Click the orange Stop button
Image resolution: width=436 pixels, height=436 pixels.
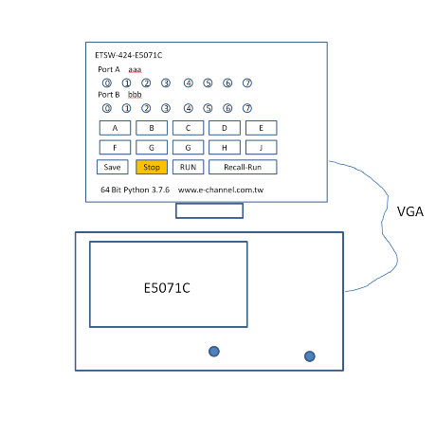152,167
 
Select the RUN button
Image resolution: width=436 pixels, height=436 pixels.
189,167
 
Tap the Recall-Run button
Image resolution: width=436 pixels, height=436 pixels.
243,167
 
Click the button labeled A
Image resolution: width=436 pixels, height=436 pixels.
115,128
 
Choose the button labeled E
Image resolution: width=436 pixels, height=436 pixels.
262,128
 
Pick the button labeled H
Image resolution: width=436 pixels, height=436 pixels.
225,148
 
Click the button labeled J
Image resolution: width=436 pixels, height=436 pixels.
262,148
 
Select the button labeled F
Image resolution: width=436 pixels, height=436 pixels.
115,148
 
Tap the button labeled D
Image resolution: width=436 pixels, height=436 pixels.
225,128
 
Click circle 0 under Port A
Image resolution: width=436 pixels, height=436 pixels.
107,83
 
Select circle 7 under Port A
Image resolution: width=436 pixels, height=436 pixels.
247,83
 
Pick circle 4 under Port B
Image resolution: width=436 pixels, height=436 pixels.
189,108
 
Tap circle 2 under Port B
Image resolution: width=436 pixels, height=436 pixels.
146,108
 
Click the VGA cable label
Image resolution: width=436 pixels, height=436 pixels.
410,211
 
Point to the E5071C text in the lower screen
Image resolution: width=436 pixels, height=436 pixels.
167,288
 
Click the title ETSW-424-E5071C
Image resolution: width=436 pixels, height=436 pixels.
129,55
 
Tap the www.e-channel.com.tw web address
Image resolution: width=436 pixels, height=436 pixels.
221,190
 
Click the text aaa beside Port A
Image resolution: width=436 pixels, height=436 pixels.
135,69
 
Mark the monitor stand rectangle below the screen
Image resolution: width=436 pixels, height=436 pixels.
209,210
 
